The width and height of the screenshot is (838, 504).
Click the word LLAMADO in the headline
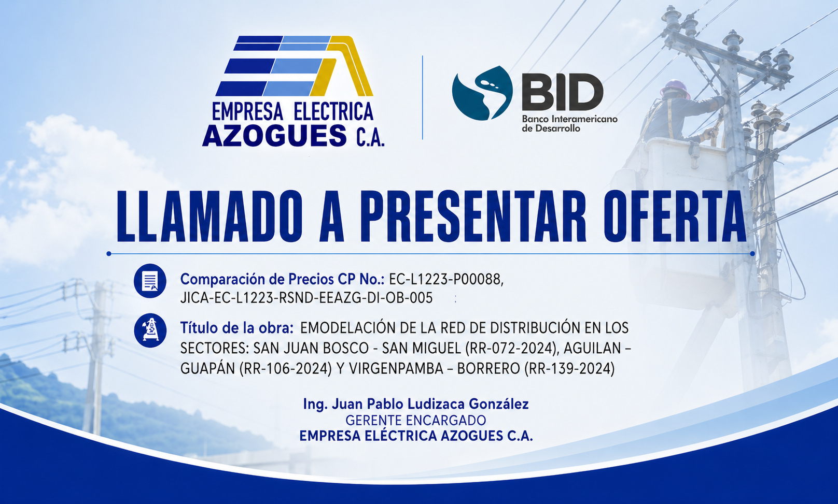pos(209,217)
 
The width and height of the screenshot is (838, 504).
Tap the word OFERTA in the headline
pos(675,217)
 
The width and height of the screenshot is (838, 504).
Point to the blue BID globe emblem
pos(482,93)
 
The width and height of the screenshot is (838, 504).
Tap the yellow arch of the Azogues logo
pos(346,65)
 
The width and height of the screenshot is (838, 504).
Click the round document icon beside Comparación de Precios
pos(150,281)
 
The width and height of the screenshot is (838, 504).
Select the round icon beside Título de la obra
pos(150,330)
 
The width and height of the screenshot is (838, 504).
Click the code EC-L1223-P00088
pos(446,279)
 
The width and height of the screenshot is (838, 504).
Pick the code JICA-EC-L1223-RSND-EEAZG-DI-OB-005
pos(306,298)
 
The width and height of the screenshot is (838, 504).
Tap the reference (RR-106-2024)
pos(286,369)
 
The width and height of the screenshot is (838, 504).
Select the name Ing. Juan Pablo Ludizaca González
pos(416,404)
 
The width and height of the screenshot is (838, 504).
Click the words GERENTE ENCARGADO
pos(416,420)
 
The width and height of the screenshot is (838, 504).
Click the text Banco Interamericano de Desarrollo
pos(569,124)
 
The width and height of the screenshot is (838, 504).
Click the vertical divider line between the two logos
pos(422,97)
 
